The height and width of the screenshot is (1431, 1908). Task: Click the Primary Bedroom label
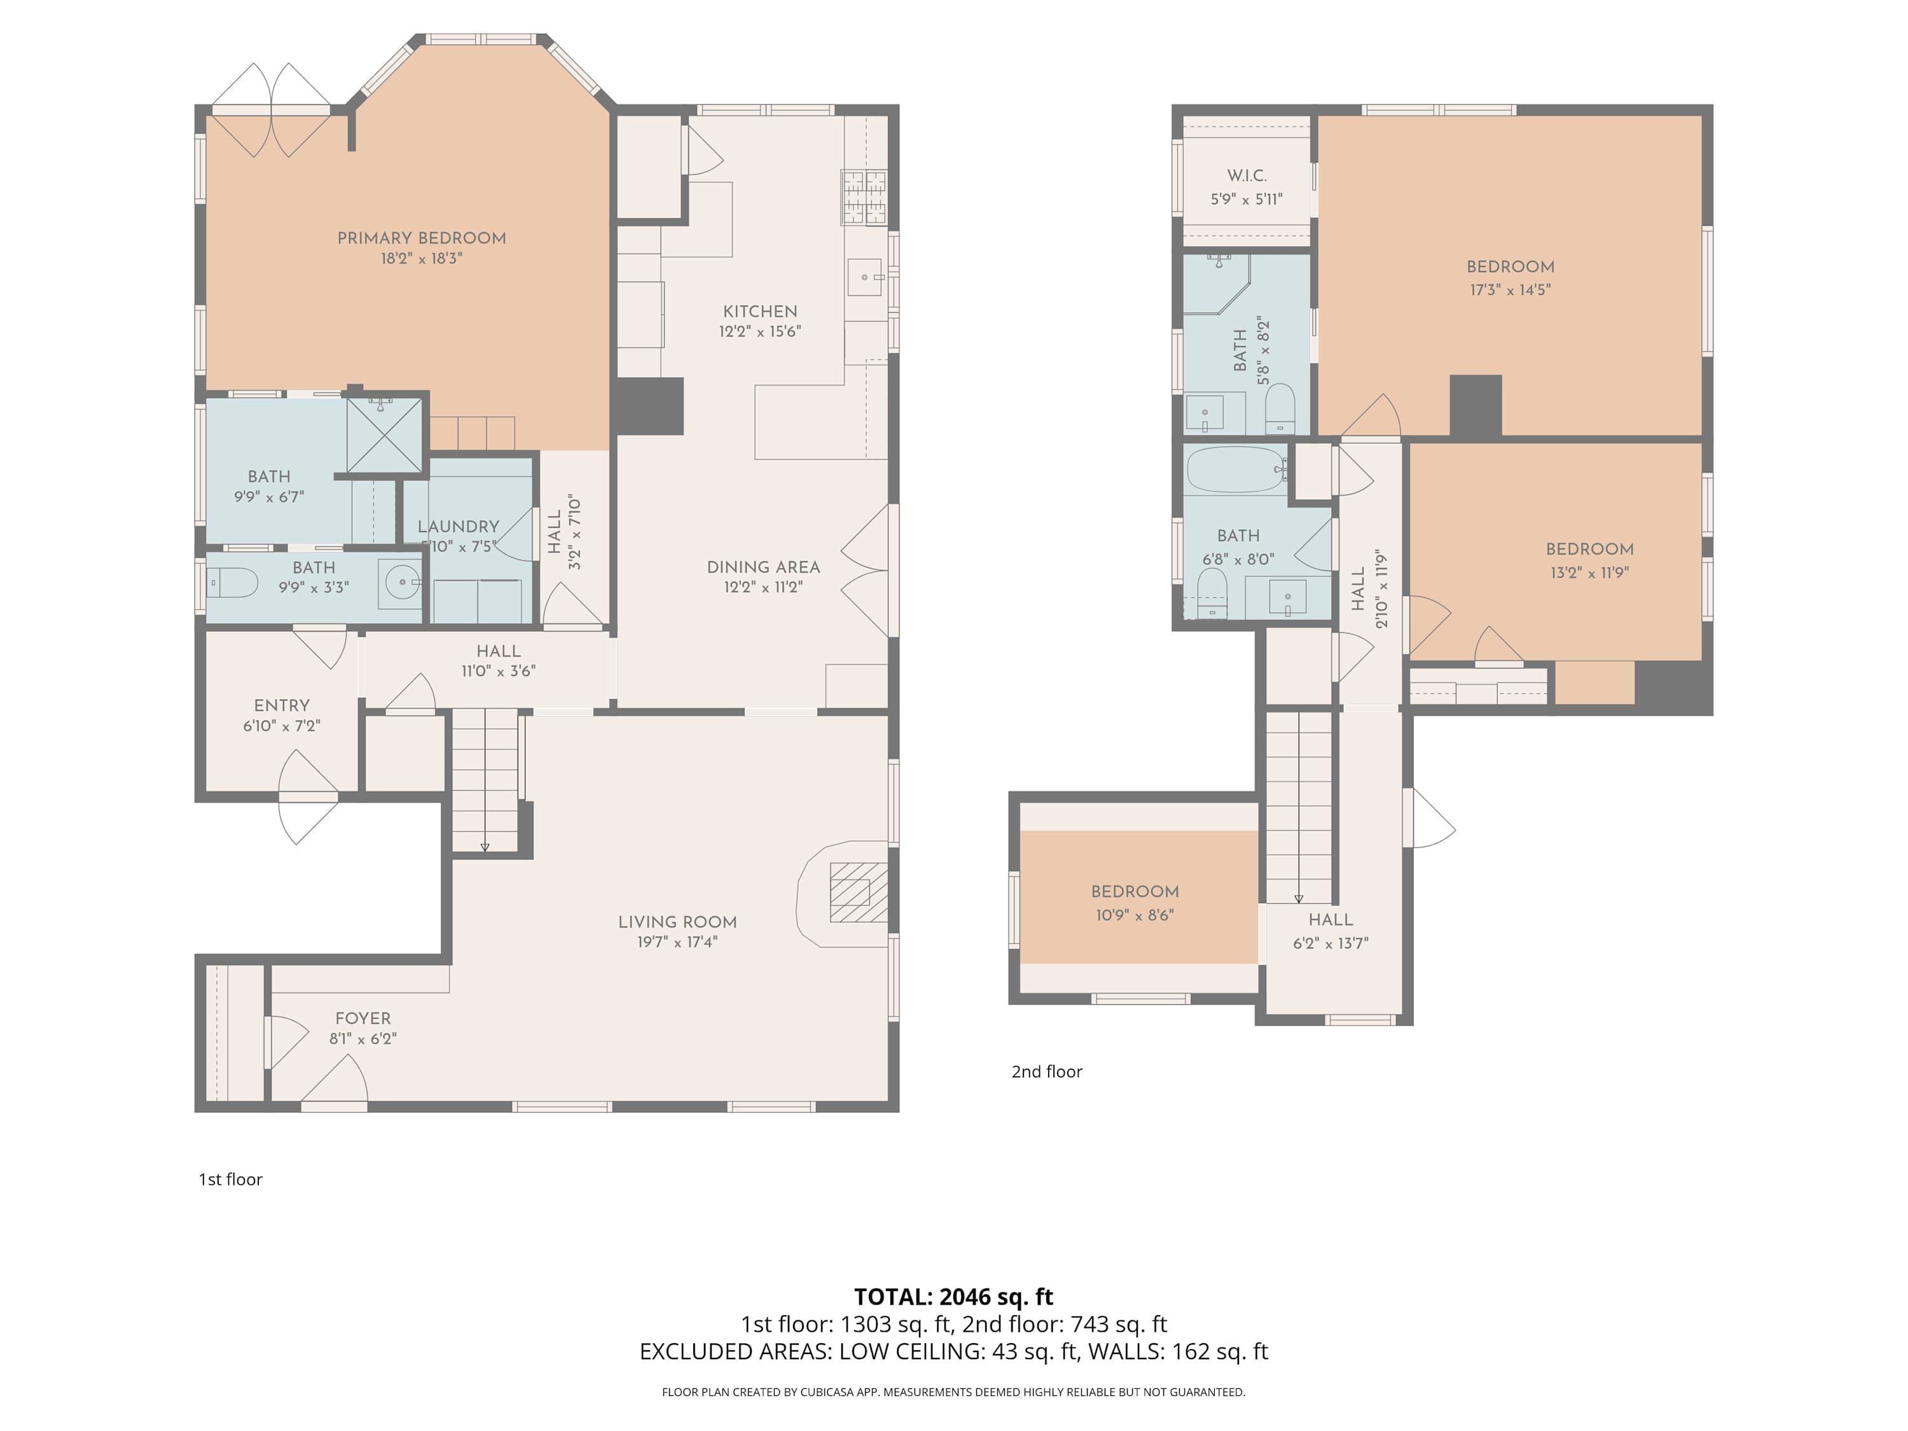coord(421,238)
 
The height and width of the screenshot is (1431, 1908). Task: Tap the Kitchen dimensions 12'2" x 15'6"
coord(760,331)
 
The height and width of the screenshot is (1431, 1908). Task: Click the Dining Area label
coord(763,567)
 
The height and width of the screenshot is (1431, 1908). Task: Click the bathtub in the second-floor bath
coord(1235,469)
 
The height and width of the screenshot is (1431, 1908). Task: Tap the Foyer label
coord(363,1019)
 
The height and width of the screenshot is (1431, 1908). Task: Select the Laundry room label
coord(458,526)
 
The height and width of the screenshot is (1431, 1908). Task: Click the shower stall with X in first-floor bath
coord(384,435)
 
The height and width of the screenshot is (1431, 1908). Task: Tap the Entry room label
coord(281,705)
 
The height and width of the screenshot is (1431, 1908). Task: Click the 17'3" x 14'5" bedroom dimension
coord(1510,290)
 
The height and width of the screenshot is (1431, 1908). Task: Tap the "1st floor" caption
coord(230,1179)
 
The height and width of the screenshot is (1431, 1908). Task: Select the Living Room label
coord(677,922)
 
